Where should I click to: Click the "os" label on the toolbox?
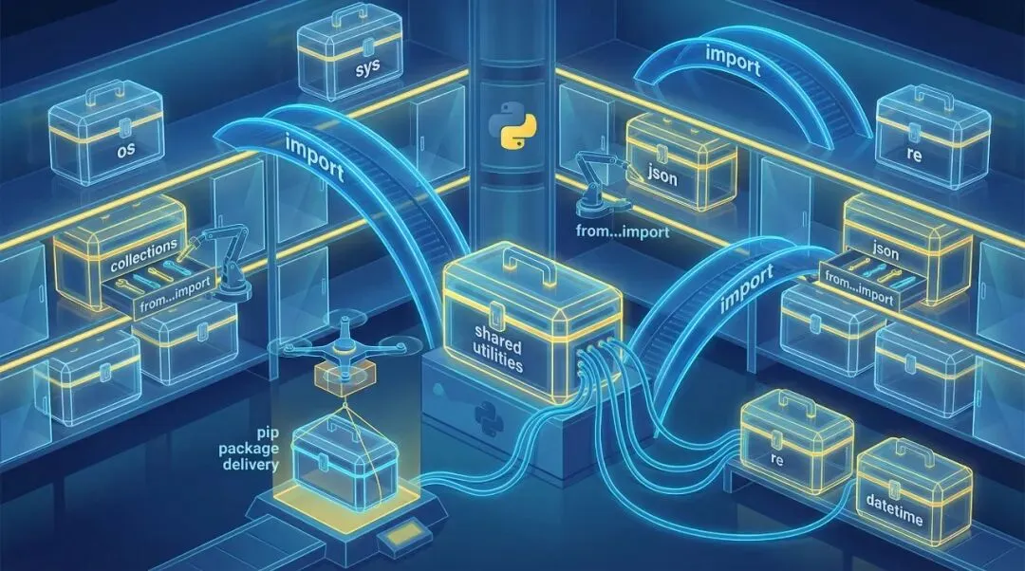pos(125,150)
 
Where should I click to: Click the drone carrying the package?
pos(339,359)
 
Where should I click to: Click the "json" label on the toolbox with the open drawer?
pos(885,253)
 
